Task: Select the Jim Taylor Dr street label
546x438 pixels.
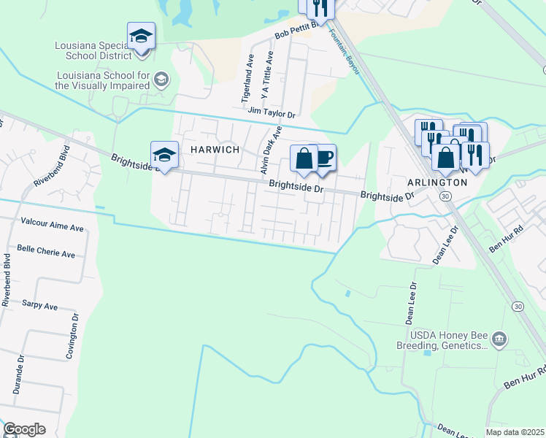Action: pos(271,113)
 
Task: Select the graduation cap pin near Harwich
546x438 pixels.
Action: pos(165,154)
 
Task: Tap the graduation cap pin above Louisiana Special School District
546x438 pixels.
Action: pos(141,34)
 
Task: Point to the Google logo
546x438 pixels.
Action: pos(24,429)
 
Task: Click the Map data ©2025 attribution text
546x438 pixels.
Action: pos(515,432)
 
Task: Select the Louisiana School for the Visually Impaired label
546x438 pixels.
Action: pos(102,80)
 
